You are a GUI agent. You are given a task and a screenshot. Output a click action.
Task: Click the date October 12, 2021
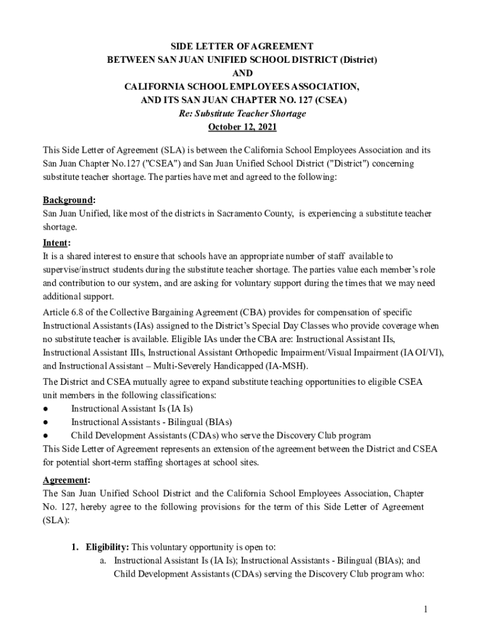pyautogui.click(x=243, y=127)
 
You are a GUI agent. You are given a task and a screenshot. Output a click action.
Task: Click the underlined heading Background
pyautogui.click(x=67, y=200)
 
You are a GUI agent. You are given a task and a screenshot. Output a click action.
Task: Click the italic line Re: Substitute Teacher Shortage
pyautogui.click(x=243, y=114)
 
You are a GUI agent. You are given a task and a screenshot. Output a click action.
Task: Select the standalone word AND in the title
pyautogui.click(x=243, y=74)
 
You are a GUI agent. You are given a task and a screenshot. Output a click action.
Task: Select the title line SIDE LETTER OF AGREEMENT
pyautogui.click(x=243, y=47)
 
